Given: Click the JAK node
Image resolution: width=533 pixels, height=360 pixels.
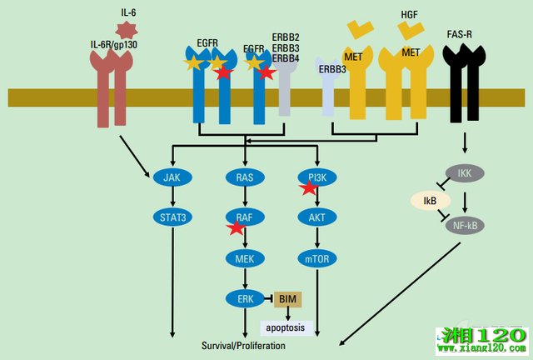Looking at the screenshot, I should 172,177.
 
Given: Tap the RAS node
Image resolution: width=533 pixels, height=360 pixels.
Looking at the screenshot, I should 244,177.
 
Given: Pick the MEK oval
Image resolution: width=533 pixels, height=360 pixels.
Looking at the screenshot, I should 244,259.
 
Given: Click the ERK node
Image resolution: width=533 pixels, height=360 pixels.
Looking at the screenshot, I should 244,298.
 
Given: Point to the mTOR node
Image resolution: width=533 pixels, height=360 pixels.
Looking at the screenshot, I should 317,259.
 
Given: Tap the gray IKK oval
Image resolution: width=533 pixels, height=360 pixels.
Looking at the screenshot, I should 465,173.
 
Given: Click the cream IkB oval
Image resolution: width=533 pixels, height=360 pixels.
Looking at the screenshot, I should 430,201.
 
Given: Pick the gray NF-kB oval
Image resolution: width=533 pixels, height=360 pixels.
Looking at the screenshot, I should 466,226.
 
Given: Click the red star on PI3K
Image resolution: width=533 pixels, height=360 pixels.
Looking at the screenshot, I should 309,187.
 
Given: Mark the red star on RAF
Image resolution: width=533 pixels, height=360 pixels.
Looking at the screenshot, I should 236,227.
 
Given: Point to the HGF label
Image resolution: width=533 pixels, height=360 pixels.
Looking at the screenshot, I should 410,14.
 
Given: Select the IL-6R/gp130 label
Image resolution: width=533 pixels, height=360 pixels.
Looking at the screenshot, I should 113,44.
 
